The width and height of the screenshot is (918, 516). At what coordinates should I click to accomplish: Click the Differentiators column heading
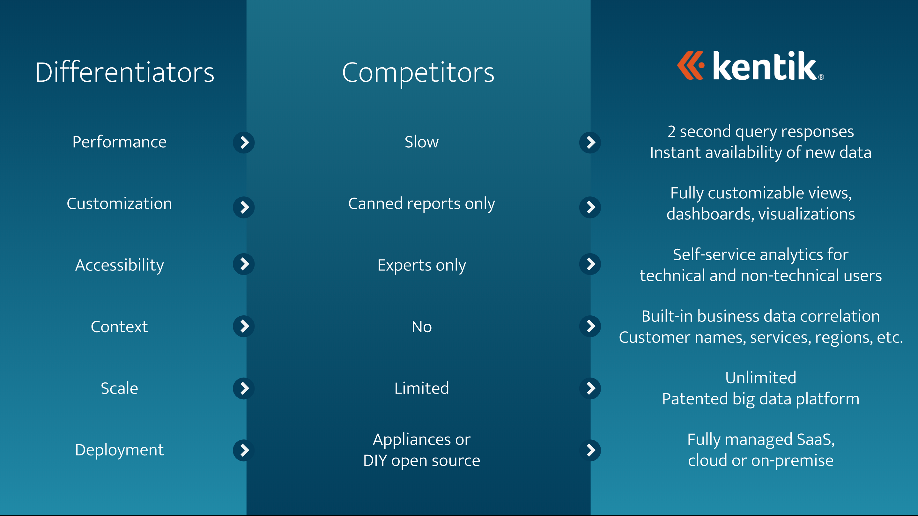tap(125, 72)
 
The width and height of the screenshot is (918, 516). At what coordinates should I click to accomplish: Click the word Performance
tap(119, 142)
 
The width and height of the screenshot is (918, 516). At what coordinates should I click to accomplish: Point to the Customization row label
tap(119, 203)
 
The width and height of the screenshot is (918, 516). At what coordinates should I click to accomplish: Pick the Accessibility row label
tap(119, 265)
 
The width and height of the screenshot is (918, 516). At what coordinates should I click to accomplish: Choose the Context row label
tap(119, 327)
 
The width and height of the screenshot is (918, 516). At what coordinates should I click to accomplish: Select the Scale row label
tap(119, 388)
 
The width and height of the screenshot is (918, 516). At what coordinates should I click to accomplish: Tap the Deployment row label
tap(119, 450)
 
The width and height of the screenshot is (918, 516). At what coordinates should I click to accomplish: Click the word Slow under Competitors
tap(422, 142)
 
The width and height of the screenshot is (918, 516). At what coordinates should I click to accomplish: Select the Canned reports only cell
tap(422, 204)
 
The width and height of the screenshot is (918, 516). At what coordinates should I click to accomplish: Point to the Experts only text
tap(422, 265)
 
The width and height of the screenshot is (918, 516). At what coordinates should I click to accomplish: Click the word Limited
tap(422, 388)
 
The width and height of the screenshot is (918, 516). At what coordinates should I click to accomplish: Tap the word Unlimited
tap(760, 378)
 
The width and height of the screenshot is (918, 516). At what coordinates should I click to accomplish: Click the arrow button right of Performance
tap(244, 143)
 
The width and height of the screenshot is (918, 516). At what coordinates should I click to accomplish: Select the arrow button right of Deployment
tap(244, 450)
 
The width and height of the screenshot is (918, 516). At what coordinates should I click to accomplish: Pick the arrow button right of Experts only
tap(590, 264)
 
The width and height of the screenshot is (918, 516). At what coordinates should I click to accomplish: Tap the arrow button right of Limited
tap(590, 388)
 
